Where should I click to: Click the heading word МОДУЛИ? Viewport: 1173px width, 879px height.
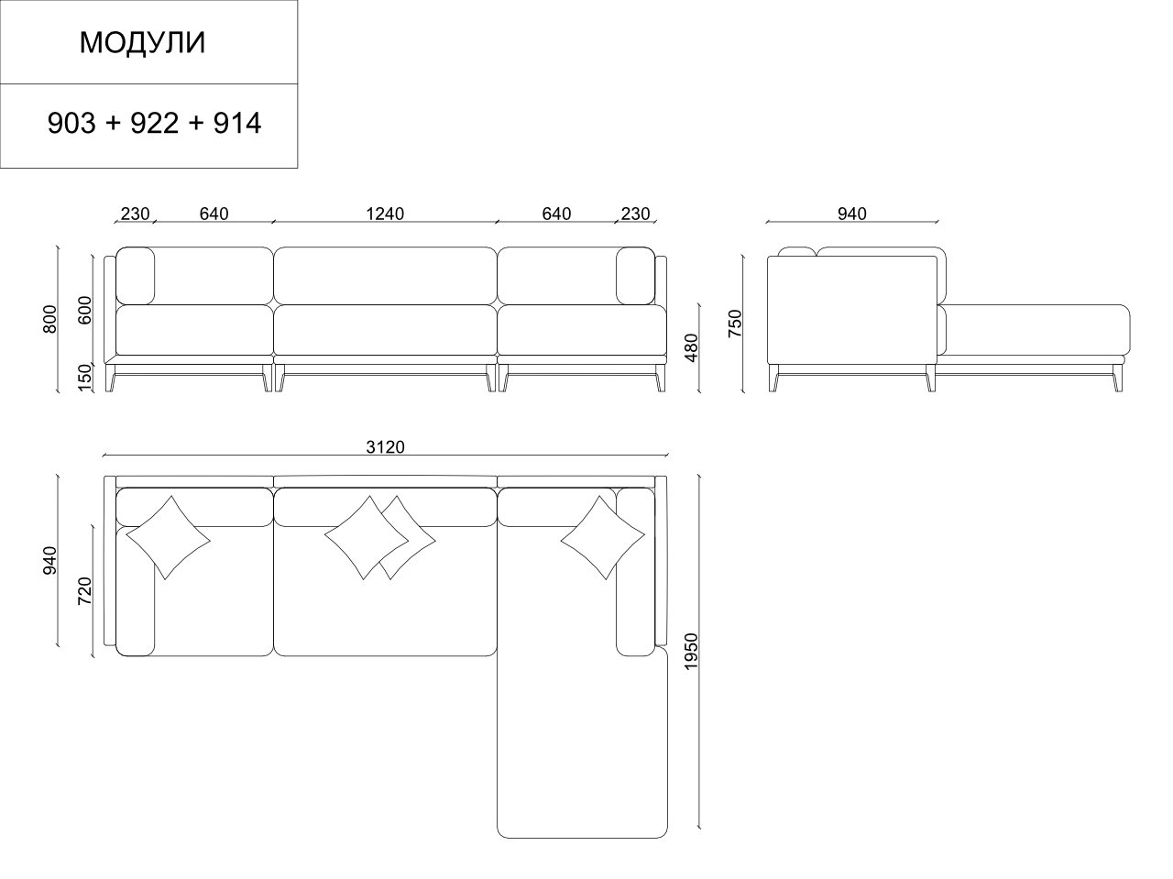tap(142, 43)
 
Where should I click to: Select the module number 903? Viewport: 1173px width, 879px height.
tap(71, 124)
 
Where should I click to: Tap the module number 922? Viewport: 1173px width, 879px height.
tap(155, 124)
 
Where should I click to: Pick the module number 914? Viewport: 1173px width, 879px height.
tap(237, 124)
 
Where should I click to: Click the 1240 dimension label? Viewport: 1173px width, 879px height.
tap(385, 214)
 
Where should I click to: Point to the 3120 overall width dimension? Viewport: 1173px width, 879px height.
tap(385, 446)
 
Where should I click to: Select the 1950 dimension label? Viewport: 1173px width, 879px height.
tap(692, 652)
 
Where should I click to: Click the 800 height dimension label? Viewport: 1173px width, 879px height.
tap(49, 319)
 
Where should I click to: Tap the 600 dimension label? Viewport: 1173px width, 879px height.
tap(85, 310)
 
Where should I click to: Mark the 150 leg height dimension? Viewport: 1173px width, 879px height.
tap(85, 378)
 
